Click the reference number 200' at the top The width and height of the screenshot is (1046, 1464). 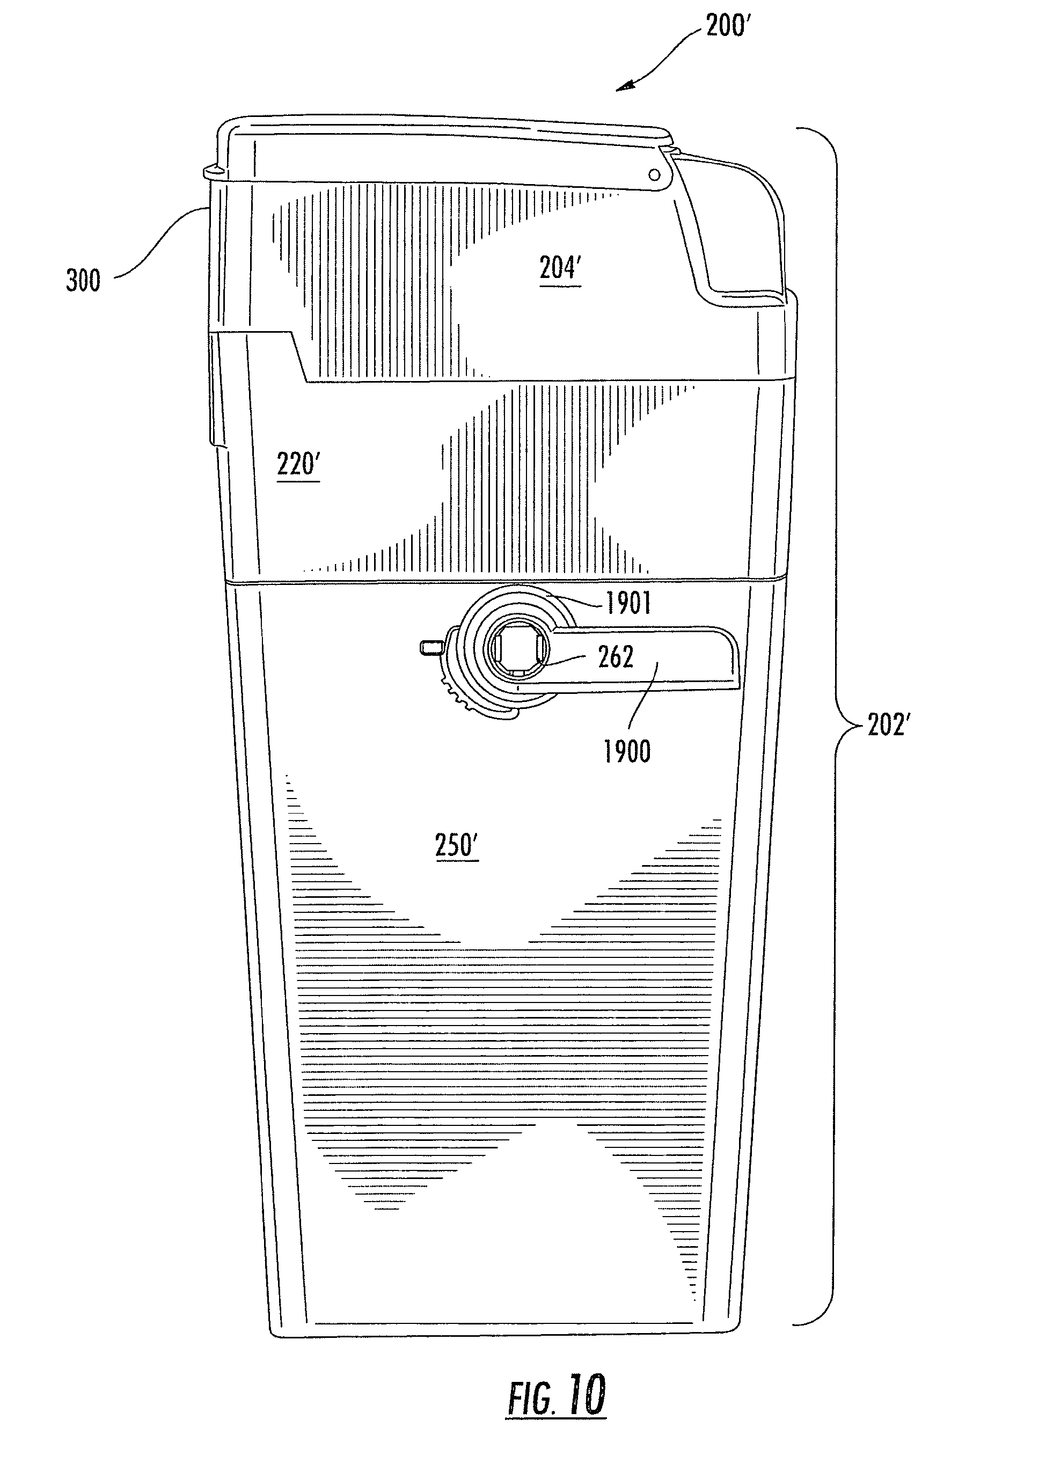(728, 26)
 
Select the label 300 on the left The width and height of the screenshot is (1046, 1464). (83, 281)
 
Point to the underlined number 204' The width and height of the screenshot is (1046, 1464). (560, 268)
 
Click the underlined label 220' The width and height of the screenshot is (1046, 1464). (298, 464)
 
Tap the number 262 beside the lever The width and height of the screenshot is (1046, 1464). (616, 657)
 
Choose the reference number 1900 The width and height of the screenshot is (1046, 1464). (627, 752)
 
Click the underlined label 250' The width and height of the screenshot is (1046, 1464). (457, 846)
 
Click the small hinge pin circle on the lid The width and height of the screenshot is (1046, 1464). (654, 175)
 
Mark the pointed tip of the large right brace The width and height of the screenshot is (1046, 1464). (863, 726)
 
